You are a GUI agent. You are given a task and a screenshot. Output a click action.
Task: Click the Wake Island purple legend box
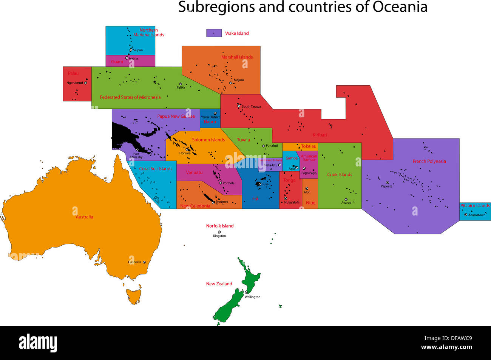coord(214,33)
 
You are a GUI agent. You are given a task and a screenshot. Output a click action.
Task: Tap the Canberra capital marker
coord(144,262)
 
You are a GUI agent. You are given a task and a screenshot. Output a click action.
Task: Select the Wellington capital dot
coord(246,292)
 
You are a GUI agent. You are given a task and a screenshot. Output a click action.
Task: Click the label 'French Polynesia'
coord(429,161)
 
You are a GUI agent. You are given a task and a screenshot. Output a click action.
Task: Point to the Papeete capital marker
coord(387,182)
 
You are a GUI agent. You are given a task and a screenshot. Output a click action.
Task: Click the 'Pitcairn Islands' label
coord(475,206)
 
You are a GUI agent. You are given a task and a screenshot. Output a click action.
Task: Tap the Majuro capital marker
coord(230,83)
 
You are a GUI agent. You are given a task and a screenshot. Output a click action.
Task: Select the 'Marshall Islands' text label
coord(237,57)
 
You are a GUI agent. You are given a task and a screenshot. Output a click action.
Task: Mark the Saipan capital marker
coord(131,50)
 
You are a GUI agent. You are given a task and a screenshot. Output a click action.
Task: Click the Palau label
coord(73,73)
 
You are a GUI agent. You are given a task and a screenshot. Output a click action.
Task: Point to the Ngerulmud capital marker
coord(85,83)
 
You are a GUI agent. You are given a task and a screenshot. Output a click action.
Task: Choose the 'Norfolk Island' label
coord(220,226)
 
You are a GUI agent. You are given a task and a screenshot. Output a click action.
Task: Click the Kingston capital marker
coord(219,232)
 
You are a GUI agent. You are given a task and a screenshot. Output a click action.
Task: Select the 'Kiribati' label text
coord(320,135)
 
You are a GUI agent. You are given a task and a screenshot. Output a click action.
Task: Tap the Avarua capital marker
coord(346,199)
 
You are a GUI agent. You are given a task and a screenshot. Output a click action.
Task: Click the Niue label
coord(310,203)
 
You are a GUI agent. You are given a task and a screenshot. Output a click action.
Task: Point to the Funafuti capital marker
coord(263,146)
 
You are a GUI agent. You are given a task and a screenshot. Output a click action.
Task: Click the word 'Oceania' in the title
coord(400,7)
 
